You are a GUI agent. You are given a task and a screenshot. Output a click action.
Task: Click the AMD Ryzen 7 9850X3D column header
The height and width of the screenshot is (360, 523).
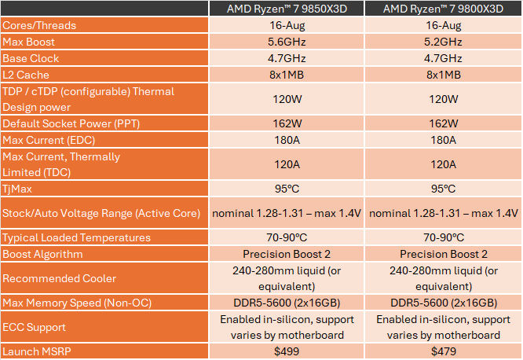[287, 9]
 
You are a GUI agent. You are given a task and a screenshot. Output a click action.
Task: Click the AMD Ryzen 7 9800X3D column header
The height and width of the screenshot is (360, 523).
[444, 9]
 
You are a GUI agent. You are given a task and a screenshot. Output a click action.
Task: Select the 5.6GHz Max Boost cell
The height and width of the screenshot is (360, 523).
[287, 42]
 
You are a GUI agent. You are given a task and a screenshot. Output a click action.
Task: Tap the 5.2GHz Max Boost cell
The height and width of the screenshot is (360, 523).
[444, 42]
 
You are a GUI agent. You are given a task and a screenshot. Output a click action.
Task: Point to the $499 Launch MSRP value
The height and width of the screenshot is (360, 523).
[287, 352]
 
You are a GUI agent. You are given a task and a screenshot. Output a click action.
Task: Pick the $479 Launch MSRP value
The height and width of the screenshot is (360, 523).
[444, 352]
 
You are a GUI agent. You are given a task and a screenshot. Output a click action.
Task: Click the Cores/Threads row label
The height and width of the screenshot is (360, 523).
[40, 26]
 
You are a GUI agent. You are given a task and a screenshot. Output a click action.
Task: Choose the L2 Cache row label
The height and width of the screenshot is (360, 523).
[27, 75]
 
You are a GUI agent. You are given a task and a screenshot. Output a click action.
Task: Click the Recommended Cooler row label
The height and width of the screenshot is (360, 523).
[60, 278]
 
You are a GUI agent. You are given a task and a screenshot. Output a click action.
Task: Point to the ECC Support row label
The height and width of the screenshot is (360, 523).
[35, 327]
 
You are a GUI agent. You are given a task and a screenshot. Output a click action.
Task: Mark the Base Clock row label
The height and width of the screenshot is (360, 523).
[31, 58]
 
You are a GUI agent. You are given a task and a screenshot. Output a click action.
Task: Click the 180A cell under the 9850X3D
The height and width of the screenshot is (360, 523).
[287, 140]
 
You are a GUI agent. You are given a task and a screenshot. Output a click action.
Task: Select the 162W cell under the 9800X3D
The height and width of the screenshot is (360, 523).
[444, 123]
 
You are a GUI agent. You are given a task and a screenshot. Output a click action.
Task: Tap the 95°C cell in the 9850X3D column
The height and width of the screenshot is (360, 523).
[287, 189]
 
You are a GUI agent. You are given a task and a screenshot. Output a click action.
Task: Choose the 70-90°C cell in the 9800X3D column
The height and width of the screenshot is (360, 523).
[444, 237]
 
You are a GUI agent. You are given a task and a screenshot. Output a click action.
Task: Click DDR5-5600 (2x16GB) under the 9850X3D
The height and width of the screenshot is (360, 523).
[287, 303]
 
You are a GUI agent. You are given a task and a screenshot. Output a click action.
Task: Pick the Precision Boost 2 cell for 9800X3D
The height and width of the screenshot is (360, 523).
[444, 254]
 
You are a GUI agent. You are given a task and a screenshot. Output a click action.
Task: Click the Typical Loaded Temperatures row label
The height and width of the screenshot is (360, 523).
[77, 237]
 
